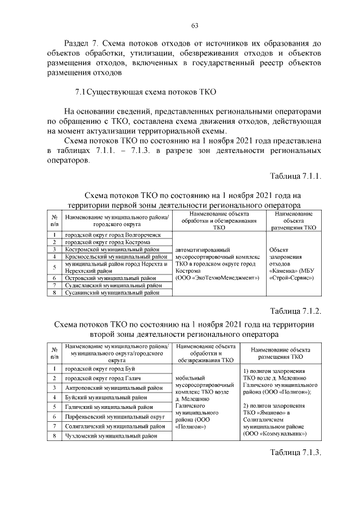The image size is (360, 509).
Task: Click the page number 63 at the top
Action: pyautogui.click(x=195, y=25)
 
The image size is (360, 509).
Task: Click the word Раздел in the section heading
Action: pyautogui.click(x=78, y=43)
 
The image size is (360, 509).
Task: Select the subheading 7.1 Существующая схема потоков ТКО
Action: pyautogui.click(x=146, y=92)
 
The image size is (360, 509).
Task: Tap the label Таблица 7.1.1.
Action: pyautogui.click(x=295, y=175)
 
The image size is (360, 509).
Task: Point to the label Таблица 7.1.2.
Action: pyautogui.click(x=295, y=311)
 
